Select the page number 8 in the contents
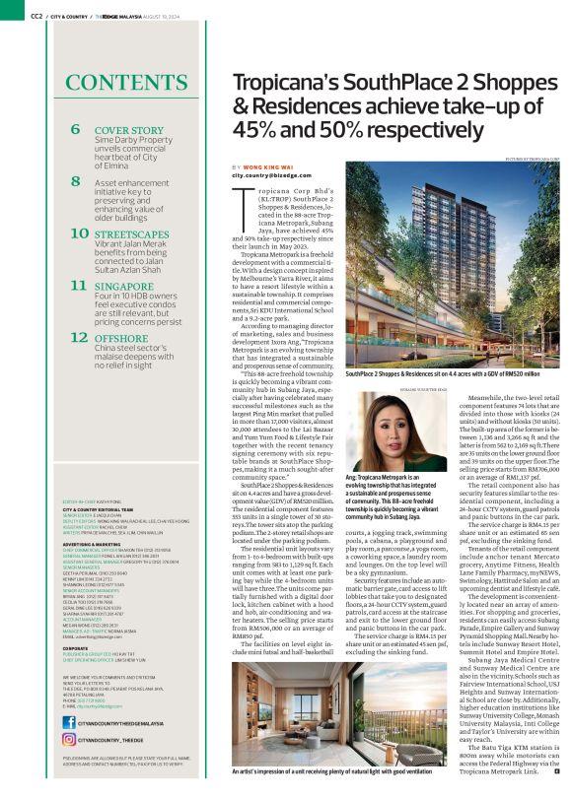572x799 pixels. coord(76,183)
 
